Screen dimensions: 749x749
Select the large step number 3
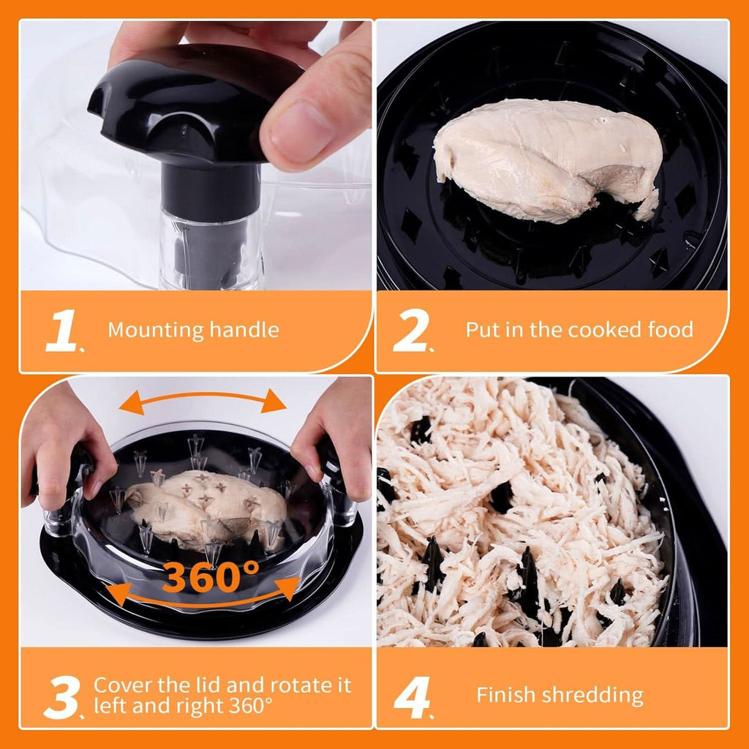61,697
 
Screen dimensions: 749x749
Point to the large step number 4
412,697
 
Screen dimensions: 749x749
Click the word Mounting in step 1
156,331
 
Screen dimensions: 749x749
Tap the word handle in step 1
244,330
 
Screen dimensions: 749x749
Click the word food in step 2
671,330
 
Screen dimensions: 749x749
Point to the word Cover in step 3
123,685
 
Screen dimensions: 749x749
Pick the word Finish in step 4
503,695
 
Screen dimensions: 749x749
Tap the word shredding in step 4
589,696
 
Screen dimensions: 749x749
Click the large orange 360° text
211,576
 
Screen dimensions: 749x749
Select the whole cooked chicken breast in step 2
547,160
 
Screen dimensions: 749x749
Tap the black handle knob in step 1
191,108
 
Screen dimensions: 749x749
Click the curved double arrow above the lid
203,394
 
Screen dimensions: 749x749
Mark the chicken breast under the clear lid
206,506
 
